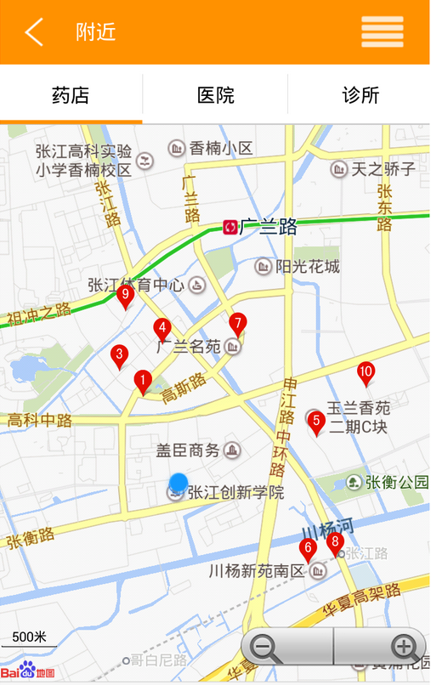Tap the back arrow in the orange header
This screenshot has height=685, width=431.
click(34, 32)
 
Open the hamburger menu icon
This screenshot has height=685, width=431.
click(382, 32)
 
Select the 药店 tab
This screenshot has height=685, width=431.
click(71, 95)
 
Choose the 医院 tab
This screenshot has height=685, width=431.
click(215, 95)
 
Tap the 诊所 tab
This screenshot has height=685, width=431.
click(360, 95)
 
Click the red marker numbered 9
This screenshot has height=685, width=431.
click(125, 297)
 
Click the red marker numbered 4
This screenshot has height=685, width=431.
click(162, 328)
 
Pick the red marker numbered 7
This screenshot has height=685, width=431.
click(237, 324)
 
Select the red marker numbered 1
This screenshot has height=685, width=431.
click(143, 381)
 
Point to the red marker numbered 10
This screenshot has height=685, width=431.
click(366, 372)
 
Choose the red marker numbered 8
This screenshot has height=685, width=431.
click(334, 542)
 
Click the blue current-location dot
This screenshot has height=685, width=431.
click(178, 483)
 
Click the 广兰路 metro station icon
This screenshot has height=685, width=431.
click(230, 227)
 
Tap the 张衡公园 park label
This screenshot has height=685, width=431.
click(396, 483)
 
